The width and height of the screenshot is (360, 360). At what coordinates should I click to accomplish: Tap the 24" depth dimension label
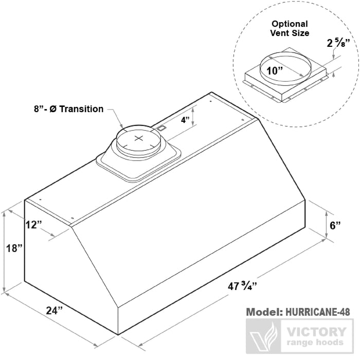click(55, 311)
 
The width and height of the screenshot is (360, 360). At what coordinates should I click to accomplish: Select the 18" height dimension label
click(14, 248)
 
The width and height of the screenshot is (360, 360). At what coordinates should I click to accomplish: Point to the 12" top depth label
click(34, 225)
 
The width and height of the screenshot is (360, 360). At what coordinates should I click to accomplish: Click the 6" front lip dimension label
click(335, 225)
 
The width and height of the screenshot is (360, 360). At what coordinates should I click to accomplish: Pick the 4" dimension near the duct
click(185, 120)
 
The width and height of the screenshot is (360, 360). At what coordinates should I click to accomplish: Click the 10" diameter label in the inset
click(274, 71)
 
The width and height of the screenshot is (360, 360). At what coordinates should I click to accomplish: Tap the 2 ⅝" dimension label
click(338, 43)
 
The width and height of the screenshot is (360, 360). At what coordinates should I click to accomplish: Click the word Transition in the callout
click(81, 109)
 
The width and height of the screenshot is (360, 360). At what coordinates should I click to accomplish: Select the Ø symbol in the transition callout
click(53, 109)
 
